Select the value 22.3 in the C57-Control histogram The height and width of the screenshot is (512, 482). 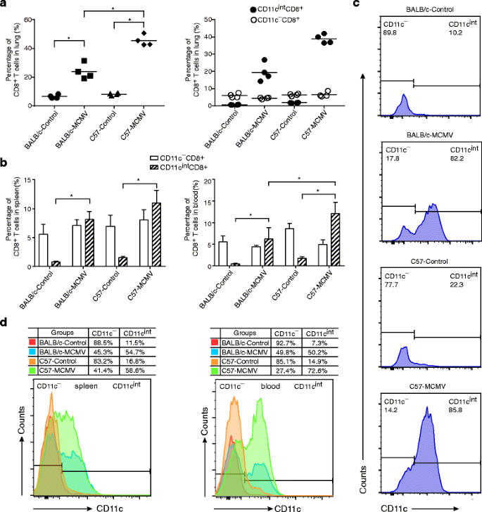pyautogui.click(x=458, y=280)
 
